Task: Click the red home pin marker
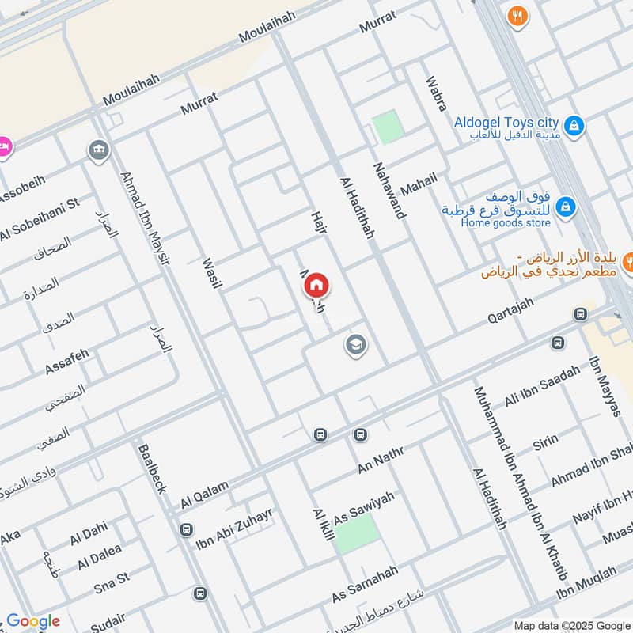316,284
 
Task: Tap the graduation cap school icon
355,344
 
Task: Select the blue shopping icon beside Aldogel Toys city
574,124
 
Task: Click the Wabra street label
436,94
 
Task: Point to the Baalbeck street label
151,468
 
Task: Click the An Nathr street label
381,460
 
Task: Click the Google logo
33,621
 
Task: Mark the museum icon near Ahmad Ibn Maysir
99,150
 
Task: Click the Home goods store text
506,222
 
